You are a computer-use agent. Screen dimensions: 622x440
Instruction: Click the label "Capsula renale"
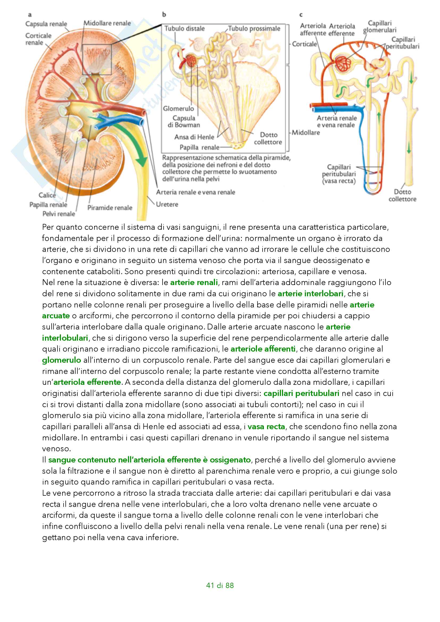(46, 24)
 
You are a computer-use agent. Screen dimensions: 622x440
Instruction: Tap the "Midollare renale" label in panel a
(107, 23)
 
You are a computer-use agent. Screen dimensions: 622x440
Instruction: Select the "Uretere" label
(167, 204)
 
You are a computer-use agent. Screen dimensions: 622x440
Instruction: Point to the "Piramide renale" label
(110, 208)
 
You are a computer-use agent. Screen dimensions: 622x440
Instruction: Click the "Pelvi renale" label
(59, 214)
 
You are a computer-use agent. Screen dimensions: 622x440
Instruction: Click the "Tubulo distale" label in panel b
(184, 28)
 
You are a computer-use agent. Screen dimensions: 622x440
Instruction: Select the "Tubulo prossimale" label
(254, 28)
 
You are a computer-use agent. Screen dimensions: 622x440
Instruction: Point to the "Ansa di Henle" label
(194, 137)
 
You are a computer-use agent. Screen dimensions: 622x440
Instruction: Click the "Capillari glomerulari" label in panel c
(380, 27)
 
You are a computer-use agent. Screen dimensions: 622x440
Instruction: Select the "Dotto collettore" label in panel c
(402, 195)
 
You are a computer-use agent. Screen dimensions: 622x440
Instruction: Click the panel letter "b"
(164, 14)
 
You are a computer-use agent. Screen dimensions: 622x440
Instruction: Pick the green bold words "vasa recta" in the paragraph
(266, 427)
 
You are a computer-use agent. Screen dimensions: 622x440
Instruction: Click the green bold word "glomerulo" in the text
(61, 360)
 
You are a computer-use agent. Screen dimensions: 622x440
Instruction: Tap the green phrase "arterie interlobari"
(310, 294)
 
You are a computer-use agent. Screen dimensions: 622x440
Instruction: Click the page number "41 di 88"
(220, 585)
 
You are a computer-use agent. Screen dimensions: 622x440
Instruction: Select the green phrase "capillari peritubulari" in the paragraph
(301, 393)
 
